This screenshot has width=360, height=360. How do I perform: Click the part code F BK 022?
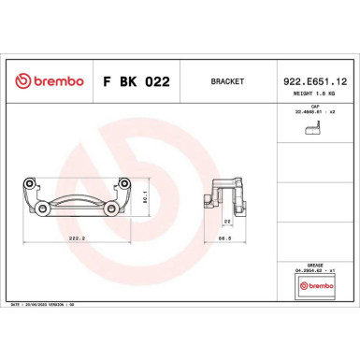click(136, 81)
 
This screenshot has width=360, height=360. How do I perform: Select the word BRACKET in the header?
click(218, 81)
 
